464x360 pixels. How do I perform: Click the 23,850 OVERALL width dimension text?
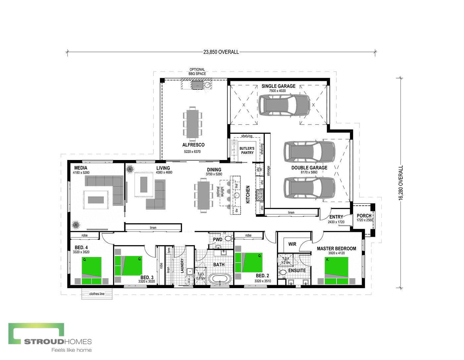[x=221, y=52]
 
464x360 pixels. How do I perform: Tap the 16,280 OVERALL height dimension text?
[x=401, y=183]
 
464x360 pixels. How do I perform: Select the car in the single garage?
[x=284, y=105]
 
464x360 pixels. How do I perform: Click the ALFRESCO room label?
[x=193, y=145]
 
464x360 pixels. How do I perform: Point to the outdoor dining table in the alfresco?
[x=193, y=124]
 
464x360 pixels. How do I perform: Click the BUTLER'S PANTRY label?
[x=247, y=150]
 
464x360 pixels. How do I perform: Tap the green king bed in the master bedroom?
[x=336, y=270]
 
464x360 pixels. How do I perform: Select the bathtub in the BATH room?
[x=219, y=278]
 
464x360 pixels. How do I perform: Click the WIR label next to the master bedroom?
[x=292, y=244]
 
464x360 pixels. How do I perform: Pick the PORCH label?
[x=364, y=216]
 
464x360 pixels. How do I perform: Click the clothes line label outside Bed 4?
[x=97, y=294]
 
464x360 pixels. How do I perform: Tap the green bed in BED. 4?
[x=91, y=270]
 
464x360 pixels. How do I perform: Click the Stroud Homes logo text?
[x=58, y=341]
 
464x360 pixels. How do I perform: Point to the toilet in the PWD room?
[x=228, y=238]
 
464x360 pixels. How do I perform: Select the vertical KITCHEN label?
[x=248, y=194]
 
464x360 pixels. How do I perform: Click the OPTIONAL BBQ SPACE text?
[x=197, y=72]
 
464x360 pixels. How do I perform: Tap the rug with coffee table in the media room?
[x=96, y=200]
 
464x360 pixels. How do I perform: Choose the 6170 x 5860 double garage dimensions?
[x=309, y=172]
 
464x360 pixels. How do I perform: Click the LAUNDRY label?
[x=182, y=265]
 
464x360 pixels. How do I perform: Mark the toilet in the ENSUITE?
[x=283, y=273]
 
